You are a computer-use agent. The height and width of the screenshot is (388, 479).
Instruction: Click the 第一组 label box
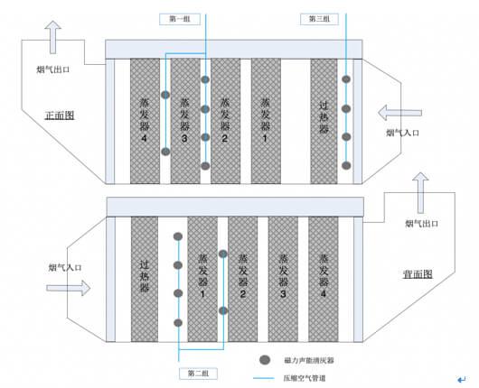[x=180, y=19]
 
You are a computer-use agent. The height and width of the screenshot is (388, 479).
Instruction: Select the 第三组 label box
[x=319, y=19]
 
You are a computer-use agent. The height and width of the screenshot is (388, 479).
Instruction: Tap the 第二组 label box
[x=198, y=374]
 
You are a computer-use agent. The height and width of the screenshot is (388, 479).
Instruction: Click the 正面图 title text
[x=60, y=115]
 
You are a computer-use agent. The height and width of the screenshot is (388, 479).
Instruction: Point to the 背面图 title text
[x=418, y=274]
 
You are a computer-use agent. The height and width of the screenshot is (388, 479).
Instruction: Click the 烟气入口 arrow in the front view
[x=399, y=113]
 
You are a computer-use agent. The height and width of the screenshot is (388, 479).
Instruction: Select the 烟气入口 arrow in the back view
[x=69, y=288]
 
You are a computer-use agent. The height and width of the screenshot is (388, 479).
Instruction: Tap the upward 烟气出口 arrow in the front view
[x=52, y=37]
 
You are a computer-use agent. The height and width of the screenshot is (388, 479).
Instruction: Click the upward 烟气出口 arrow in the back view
[x=420, y=192]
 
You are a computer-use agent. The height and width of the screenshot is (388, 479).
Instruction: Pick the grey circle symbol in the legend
[x=265, y=360]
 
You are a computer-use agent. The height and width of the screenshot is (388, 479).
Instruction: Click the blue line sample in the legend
[x=264, y=378]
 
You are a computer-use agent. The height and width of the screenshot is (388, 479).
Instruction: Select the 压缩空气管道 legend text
[x=305, y=378]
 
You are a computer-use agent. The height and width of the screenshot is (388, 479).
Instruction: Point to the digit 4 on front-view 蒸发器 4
[x=145, y=138]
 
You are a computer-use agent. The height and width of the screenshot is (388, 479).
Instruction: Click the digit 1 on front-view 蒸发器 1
[x=265, y=138]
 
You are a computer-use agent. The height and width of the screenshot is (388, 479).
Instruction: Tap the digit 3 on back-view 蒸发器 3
[x=283, y=294]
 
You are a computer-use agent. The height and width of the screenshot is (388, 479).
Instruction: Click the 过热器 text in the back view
[x=145, y=276]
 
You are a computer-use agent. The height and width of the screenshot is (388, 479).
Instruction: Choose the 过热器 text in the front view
[x=324, y=117]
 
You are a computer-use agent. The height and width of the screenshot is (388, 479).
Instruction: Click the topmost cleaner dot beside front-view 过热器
[x=346, y=79]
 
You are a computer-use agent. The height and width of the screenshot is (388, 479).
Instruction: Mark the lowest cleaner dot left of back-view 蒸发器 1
[x=178, y=323]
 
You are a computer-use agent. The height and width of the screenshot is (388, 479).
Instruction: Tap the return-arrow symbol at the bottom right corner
[x=462, y=380]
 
